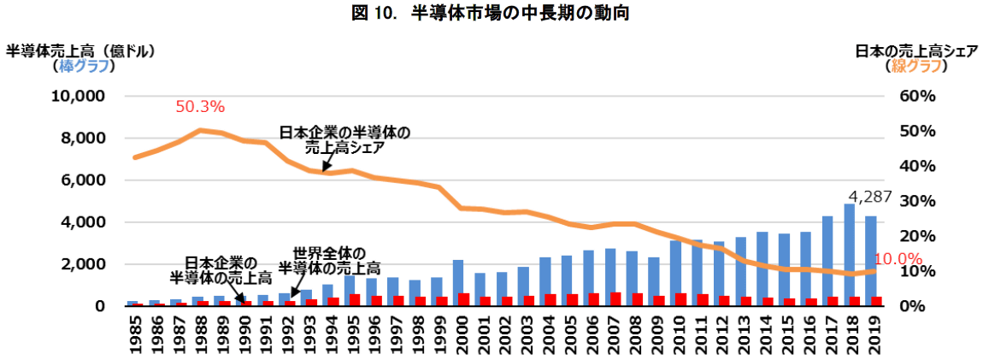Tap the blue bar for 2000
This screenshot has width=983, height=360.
[x=457, y=283]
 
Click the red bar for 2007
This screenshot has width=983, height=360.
[x=615, y=298]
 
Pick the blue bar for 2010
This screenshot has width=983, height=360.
[x=676, y=273]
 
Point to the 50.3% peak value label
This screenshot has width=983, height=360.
[x=199, y=107]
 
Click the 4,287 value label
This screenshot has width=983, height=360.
[x=869, y=197]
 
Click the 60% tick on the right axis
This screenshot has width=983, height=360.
[x=918, y=96]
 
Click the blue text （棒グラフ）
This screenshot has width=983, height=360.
[x=79, y=67]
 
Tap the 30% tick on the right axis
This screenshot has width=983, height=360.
[x=918, y=201]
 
